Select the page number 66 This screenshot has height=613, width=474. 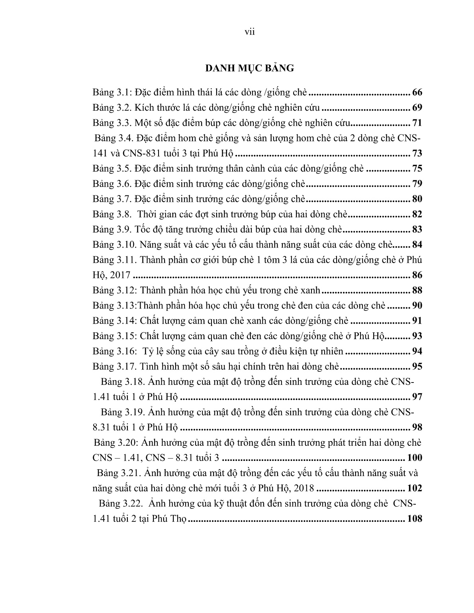click(x=417, y=93)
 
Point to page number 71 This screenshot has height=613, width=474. click(x=417, y=123)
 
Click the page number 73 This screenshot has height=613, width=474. click(x=417, y=154)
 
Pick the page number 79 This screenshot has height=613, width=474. click(x=417, y=184)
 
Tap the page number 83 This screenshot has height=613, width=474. click(x=417, y=230)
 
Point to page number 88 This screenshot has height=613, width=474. click(x=417, y=291)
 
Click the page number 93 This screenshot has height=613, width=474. click(x=417, y=336)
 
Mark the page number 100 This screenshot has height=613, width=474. click(x=414, y=458)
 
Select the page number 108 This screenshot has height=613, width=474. click(x=414, y=519)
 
